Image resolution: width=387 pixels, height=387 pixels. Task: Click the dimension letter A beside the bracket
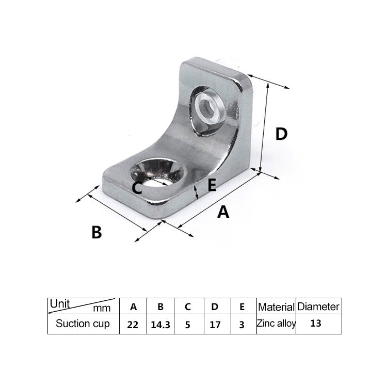[x=223, y=212]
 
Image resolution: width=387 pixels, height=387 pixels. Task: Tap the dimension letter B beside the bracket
[x=96, y=232]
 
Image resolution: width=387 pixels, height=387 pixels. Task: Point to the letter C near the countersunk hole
[x=137, y=188]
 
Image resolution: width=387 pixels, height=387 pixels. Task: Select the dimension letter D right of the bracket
[x=281, y=134]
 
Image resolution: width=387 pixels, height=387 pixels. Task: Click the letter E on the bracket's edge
[x=211, y=186]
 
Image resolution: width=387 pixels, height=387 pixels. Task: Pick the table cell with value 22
[x=133, y=325]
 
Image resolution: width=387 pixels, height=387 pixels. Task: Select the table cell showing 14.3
[x=160, y=325]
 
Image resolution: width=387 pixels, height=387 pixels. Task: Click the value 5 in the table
[x=188, y=325]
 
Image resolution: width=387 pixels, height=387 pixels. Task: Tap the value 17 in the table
[x=215, y=325]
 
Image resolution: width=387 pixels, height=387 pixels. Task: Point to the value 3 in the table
[x=243, y=325]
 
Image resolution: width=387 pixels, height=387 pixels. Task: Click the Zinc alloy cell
[x=276, y=324]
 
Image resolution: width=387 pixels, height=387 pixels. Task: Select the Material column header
[x=276, y=307]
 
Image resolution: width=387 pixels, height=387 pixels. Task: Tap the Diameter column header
[x=318, y=307]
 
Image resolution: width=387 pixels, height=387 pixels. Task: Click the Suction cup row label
[x=83, y=325]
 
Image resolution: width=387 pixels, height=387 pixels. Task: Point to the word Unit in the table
[x=60, y=303]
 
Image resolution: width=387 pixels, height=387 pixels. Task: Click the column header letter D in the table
[x=215, y=307]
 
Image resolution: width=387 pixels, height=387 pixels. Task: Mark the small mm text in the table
[x=102, y=309]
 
